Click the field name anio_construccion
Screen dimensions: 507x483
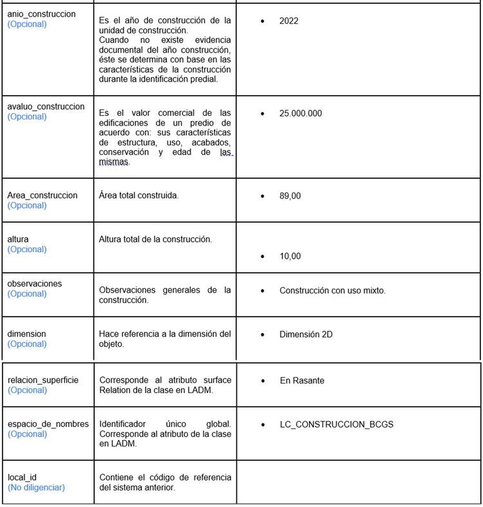click(41, 14)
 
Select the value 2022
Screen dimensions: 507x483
click(289, 21)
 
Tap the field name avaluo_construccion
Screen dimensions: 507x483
click(46, 106)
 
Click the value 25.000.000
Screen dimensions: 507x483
click(300, 113)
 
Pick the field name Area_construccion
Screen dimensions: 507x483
click(43, 195)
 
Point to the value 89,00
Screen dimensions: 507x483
click(290, 196)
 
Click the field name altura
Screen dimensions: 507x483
click(18, 239)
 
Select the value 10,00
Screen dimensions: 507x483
click(290, 256)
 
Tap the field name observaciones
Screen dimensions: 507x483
click(35, 283)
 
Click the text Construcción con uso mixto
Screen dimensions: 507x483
click(332, 291)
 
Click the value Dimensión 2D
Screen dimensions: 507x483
click(306, 335)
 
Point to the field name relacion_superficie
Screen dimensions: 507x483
click(43, 380)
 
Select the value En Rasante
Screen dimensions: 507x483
click(302, 381)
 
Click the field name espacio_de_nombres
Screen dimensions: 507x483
click(45, 424)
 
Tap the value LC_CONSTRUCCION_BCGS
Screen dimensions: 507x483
click(336, 425)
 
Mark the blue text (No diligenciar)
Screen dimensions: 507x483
click(36, 488)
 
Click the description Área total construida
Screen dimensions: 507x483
click(138, 195)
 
